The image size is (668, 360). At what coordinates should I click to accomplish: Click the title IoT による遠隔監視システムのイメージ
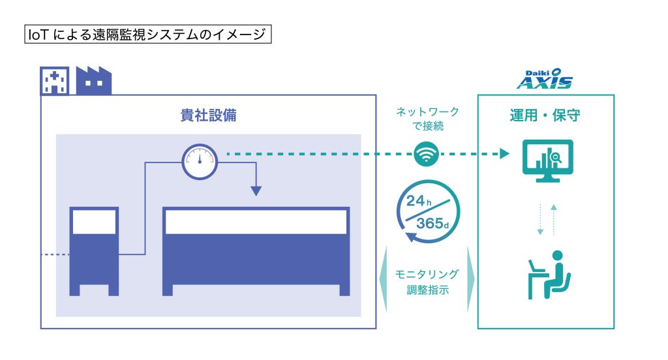pos(147,34)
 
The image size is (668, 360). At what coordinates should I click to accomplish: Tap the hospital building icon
pos(55,80)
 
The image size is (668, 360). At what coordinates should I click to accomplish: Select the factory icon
pos(94,80)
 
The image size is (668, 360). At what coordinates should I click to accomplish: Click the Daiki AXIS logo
pos(545,80)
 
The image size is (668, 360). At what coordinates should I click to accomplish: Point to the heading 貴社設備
pos(208,115)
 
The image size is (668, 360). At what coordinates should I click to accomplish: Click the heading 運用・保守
pos(545,115)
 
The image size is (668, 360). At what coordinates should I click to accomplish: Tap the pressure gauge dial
pos(200,162)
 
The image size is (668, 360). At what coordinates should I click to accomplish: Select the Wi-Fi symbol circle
pos(426,154)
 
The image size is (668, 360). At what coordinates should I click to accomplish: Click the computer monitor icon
pos(548,161)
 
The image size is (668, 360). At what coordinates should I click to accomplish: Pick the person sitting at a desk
pos(549,275)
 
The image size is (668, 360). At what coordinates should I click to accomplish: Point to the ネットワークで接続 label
pos(428,119)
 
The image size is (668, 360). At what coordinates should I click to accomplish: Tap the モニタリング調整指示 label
pos(427,282)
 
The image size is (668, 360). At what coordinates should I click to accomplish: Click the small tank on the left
pos(94,251)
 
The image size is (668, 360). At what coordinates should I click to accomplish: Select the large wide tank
pos(256,251)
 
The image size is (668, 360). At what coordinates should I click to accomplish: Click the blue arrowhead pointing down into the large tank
pos(256,191)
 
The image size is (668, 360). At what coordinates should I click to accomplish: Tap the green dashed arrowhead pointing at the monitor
pos(504,154)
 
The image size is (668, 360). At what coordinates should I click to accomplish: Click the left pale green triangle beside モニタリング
pos(384,279)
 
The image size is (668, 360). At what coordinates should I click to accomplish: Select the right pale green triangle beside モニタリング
pos(470,279)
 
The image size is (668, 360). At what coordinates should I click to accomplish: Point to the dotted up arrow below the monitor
pos(554,219)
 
